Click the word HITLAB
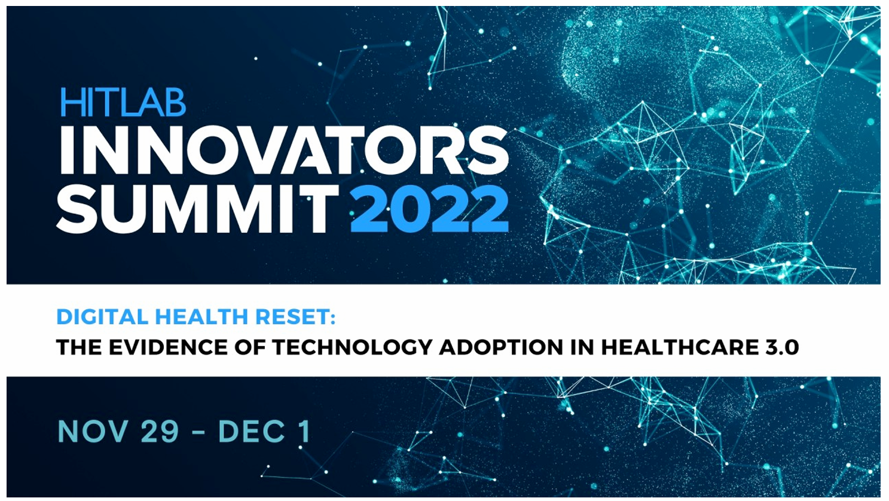coord(123,102)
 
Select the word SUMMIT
coord(197,209)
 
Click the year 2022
coord(429,209)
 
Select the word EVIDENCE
coord(168,347)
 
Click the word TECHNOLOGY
coord(353,347)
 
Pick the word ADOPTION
coord(501,347)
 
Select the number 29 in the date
coord(160,431)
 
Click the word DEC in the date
coord(252,431)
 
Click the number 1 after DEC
coord(305,431)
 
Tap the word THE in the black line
coord(79,347)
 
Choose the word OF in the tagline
coord(250,347)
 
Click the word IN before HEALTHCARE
coord(582,347)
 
